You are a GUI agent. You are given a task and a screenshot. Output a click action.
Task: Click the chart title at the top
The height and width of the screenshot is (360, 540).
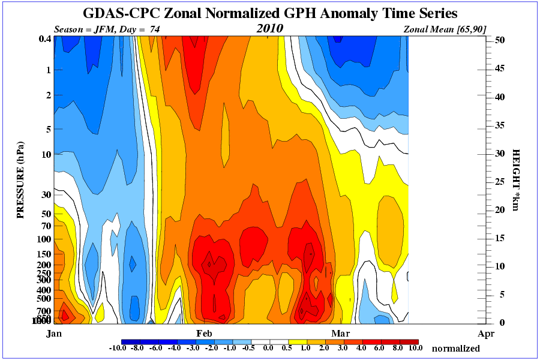click(x=270, y=13)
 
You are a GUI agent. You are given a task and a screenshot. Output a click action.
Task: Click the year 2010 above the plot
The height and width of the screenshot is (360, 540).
click(x=269, y=29)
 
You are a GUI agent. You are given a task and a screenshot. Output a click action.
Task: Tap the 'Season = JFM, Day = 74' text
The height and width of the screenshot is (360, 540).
click(x=107, y=29)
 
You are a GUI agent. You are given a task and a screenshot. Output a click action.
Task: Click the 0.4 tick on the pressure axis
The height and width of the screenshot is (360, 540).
click(x=44, y=39)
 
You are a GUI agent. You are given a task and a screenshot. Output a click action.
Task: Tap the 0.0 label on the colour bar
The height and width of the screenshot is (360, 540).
click(x=268, y=347)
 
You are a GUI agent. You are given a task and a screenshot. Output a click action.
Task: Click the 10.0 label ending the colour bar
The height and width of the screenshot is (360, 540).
click(x=416, y=347)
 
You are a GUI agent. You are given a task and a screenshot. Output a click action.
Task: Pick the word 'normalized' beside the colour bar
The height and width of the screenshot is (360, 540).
click(x=456, y=349)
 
